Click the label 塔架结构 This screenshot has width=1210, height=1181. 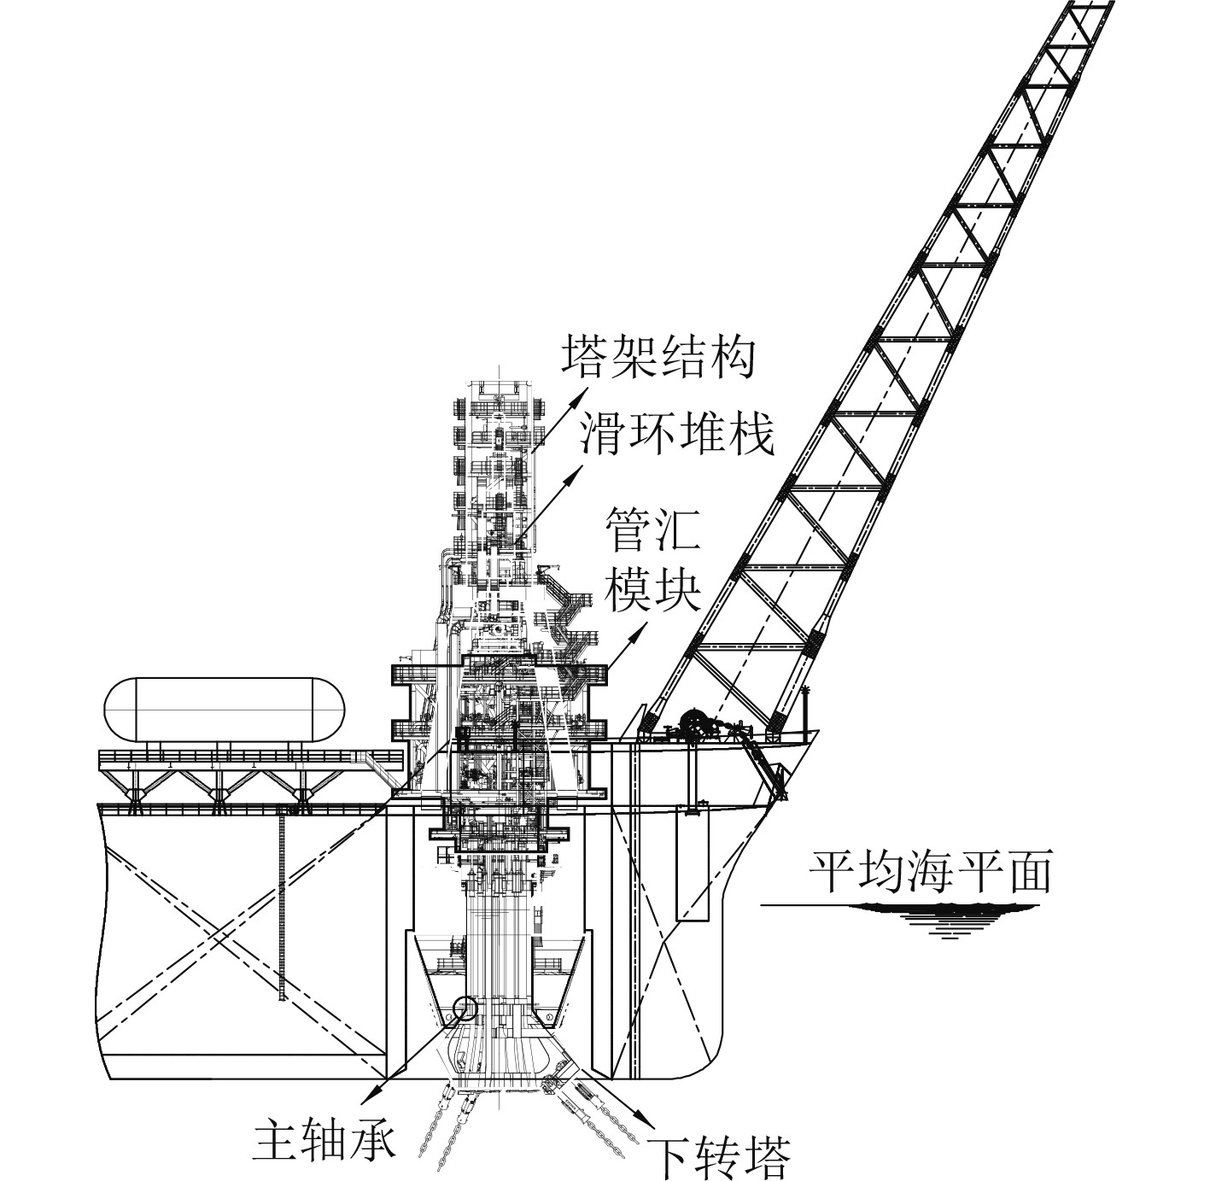658,357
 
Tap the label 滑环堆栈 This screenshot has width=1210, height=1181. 678,434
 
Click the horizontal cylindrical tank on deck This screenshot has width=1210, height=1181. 225,710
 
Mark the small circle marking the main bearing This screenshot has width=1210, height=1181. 467,1009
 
